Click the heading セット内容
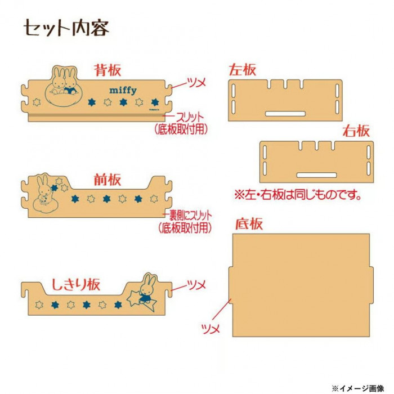(66, 28)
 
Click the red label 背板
(108, 70)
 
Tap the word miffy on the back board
(123, 91)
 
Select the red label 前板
(108, 180)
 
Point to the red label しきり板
(76, 285)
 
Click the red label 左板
(242, 70)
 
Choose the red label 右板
(356, 131)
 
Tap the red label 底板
(249, 223)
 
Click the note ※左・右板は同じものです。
(298, 195)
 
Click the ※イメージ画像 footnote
(358, 388)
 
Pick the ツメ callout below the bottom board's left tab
(211, 329)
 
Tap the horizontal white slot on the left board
(285, 114)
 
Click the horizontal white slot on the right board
(316, 175)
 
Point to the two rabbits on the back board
(64, 80)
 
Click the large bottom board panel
(301, 285)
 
